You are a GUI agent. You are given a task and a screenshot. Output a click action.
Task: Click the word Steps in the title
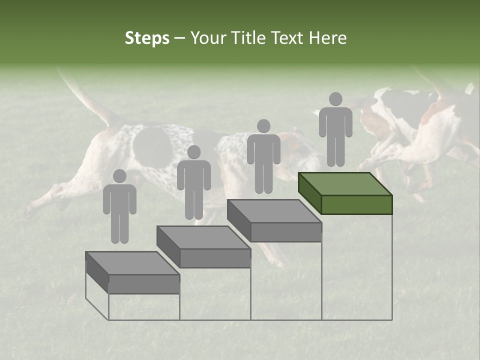click(147, 38)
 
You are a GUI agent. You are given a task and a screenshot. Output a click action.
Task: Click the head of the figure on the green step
click(335, 99)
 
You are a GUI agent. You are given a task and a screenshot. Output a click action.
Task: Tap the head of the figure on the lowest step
click(119, 176)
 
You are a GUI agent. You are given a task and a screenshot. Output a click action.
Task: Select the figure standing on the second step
click(193, 182)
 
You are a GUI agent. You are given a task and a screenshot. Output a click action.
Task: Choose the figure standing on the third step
click(263, 156)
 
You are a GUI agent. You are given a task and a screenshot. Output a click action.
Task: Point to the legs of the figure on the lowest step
click(119, 227)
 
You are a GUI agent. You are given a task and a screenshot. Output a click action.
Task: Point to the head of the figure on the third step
click(263, 126)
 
